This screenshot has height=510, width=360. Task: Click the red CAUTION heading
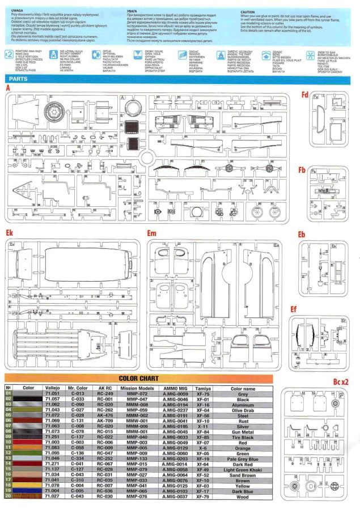tap(247, 11)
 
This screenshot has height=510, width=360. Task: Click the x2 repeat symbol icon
tap(8, 55)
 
